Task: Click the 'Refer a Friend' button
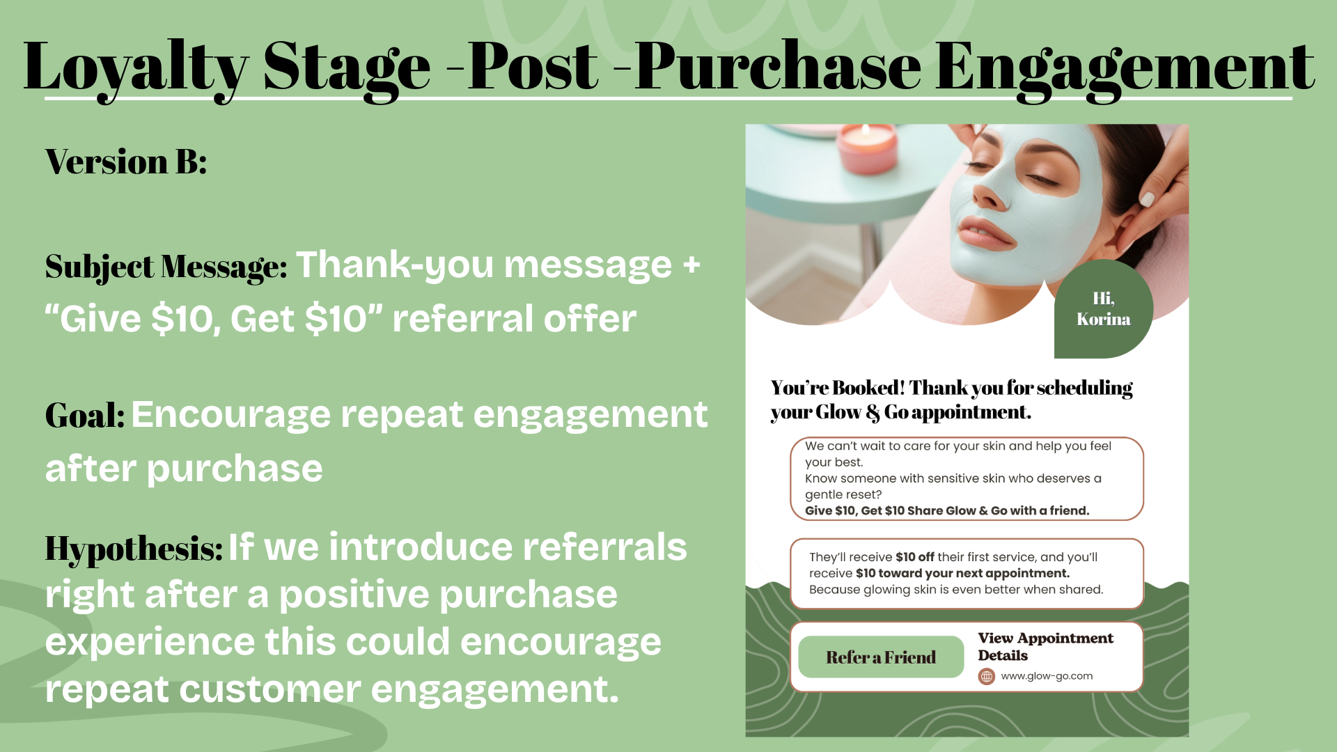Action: (880, 657)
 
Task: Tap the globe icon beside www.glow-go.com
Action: (986, 676)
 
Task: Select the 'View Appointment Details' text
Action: (1045, 646)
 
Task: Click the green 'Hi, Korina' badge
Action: (1103, 309)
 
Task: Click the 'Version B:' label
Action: (126, 162)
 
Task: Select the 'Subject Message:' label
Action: (166, 267)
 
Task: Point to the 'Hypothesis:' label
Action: (134, 549)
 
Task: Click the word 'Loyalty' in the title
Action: (136, 68)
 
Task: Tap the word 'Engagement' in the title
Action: (1124, 68)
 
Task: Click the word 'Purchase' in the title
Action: (778, 68)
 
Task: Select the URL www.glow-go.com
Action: (1046, 676)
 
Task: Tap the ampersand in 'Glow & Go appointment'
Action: (873, 413)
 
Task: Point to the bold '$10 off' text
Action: (914, 557)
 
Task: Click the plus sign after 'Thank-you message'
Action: (691, 265)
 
